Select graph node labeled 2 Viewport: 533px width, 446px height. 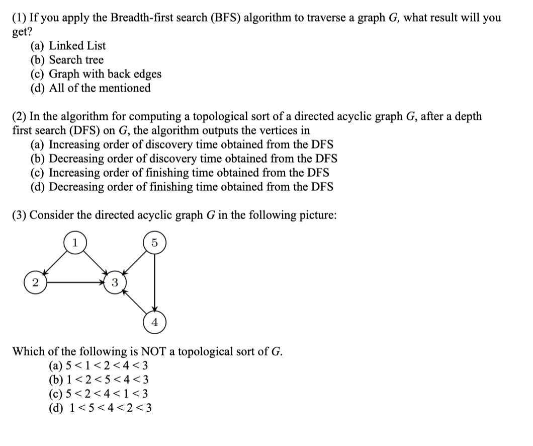34,282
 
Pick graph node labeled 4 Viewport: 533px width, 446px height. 154,323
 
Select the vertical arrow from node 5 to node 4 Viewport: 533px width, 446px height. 154,282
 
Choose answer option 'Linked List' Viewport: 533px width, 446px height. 77,46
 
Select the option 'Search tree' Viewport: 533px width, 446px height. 76,60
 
